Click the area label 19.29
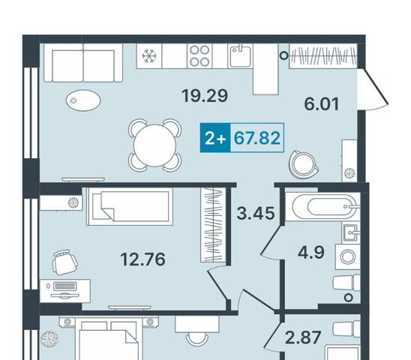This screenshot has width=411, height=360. click(x=205, y=96)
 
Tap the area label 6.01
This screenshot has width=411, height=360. click(x=322, y=103)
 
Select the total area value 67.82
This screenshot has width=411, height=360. click(x=256, y=138)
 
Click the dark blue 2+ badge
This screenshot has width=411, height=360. click(x=215, y=138)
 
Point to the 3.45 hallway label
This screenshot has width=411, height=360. click(x=256, y=213)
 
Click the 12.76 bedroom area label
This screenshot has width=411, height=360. click(x=142, y=259)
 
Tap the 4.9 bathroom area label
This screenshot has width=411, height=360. click(x=311, y=253)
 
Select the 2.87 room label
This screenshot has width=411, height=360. click(x=303, y=337)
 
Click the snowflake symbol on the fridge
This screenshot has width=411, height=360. click(x=149, y=56)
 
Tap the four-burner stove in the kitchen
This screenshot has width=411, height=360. click(x=199, y=56)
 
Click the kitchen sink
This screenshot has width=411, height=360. click(x=240, y=55)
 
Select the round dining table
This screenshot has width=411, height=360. click(x=154, y=145)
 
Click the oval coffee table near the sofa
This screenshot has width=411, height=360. click(x=83, y=100)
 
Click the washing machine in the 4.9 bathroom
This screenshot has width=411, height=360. click(x=348, y=256)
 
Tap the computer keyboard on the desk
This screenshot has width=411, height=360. click(x=64, y=286)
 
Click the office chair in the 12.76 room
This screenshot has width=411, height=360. click(x=64, y=262)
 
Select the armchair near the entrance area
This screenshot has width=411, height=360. click(x=304, y=164)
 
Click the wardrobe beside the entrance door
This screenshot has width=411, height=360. click(x=323, y=56)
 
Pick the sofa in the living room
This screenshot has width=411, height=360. click(x=83, y=63)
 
